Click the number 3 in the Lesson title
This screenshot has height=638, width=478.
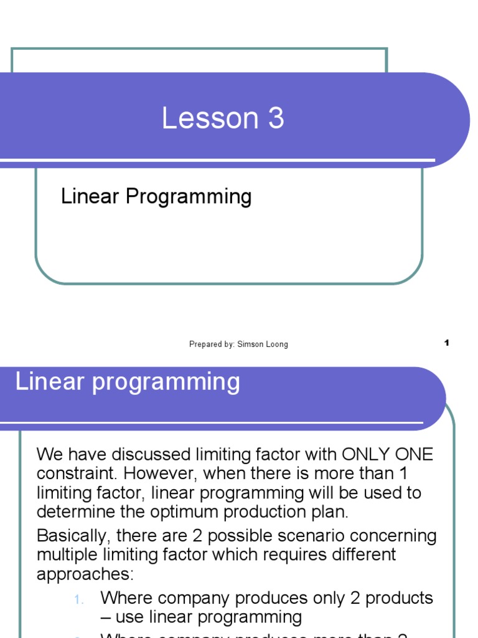tap(275, 118)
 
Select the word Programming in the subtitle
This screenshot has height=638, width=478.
tap(189, 197)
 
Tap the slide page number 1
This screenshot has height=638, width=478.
tap(447, 343)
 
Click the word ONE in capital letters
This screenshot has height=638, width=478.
tap(413, 454)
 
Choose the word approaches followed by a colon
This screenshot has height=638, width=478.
tap(83, 574)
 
